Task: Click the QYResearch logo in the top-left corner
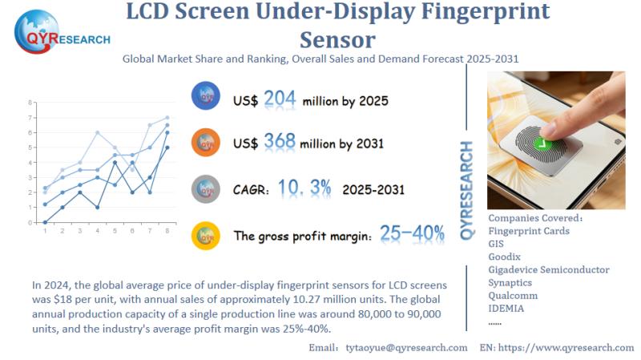[61, 31]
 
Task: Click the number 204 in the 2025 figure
[280, 99]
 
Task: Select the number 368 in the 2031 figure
[280, 143]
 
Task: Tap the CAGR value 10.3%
[304, 188]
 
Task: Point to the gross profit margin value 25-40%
[412, 234]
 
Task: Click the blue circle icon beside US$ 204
[207, 97]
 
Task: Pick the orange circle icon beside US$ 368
[207, 143]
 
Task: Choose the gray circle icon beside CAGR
[207, 189]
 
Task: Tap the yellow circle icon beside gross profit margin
[207, 235]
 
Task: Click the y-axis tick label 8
[30, 103]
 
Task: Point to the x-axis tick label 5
[115, 231]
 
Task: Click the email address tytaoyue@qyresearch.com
[406, 347]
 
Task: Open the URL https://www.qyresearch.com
[570, 347]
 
